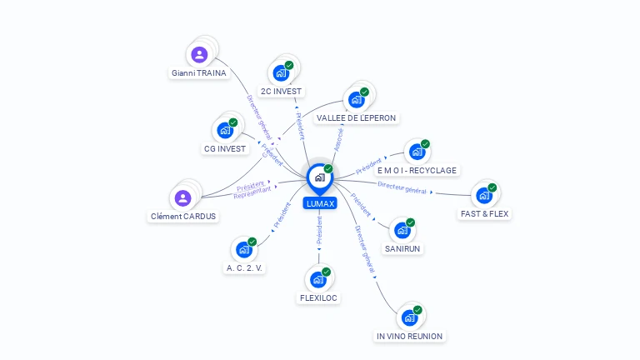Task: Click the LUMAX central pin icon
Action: (319, 177)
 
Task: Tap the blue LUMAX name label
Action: (319, 203)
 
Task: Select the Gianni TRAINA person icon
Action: (199, 55)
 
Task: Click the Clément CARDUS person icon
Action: (182, 198)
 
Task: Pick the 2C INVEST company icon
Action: (281, 73)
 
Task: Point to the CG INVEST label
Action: (226, 149)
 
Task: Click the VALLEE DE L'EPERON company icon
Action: (356, 100)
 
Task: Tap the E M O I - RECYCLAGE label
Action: (417, 171)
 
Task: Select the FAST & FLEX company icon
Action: (483, 197)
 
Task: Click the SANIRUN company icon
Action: (402, 231)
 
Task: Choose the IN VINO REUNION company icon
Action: (409, 318)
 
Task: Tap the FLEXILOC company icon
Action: (318, 280)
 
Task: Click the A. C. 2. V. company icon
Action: (244, 250)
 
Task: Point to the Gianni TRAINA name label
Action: (199, 73)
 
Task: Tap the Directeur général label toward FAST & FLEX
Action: (402, 187)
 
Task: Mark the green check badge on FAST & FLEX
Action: (492, 188)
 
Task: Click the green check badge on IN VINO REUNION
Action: (417, 310)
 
